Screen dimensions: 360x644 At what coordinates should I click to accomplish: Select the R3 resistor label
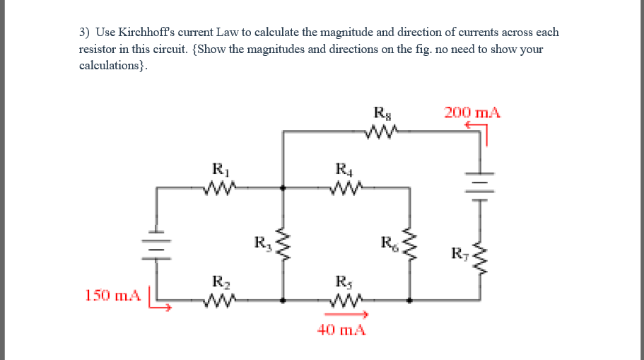(262, 245)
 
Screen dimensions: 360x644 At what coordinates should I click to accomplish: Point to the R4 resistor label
(343, 170)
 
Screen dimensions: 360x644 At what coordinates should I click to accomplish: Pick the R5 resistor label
(343, 281)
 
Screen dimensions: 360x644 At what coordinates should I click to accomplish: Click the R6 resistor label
(388, 245)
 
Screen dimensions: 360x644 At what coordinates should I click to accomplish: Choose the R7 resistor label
(459, 252)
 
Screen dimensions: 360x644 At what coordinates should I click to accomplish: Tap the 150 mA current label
(112, 294)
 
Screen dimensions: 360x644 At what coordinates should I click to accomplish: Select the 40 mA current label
(341, 330)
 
